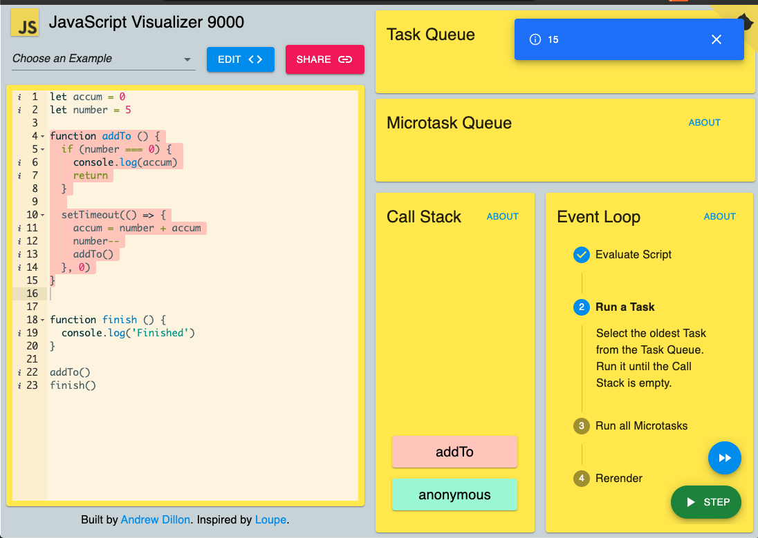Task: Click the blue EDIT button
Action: coord(240,59)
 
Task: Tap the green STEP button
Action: coord(706,502)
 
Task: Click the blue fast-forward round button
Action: coord(724,458)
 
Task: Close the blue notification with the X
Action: coord(717,39)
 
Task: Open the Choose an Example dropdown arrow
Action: coord(187,59)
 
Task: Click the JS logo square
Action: coord(25,23)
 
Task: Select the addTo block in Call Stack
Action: coord(454,452)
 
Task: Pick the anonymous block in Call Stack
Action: coord(454,494)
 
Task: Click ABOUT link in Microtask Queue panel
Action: coord(704,123)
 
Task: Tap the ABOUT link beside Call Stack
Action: coord(502,216)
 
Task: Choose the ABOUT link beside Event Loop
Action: coord(719,216)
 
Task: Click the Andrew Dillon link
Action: coord(155,519)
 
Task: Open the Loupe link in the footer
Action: coord(270,519)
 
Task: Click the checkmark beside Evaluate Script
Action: coord(581,255)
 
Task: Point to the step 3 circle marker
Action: coord(581,426)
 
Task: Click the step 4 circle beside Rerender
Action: coord(581,479)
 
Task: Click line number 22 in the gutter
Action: coord(32,372)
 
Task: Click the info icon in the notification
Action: coord(535,39)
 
